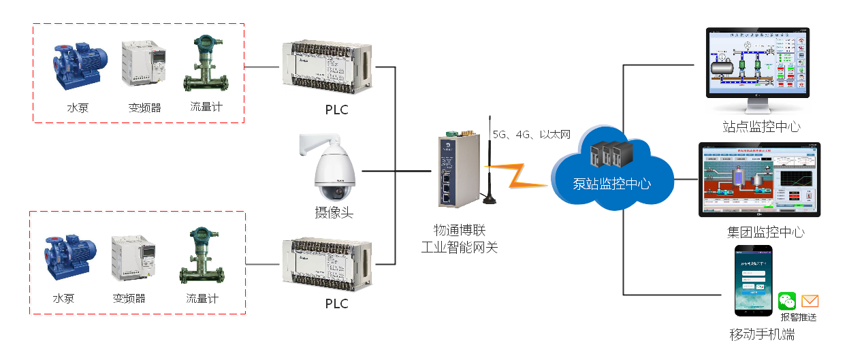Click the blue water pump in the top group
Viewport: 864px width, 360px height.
(x=80, y=65)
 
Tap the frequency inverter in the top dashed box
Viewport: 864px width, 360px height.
(x=144, y=63)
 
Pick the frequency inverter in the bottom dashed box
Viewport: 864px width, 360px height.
(x=134, y=259)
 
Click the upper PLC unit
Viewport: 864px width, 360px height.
(x=327, y=66)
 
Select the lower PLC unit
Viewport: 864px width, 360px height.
(x=327, y=263)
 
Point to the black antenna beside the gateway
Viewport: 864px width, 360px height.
(x=489, y=163)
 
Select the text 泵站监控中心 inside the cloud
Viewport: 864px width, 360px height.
(x=611, y=184)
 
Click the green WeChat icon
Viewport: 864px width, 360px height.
(x=788, y=301)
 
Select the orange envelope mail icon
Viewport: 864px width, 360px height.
(x=810, y=301)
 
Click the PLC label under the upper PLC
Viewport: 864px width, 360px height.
(x=336, y=109)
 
